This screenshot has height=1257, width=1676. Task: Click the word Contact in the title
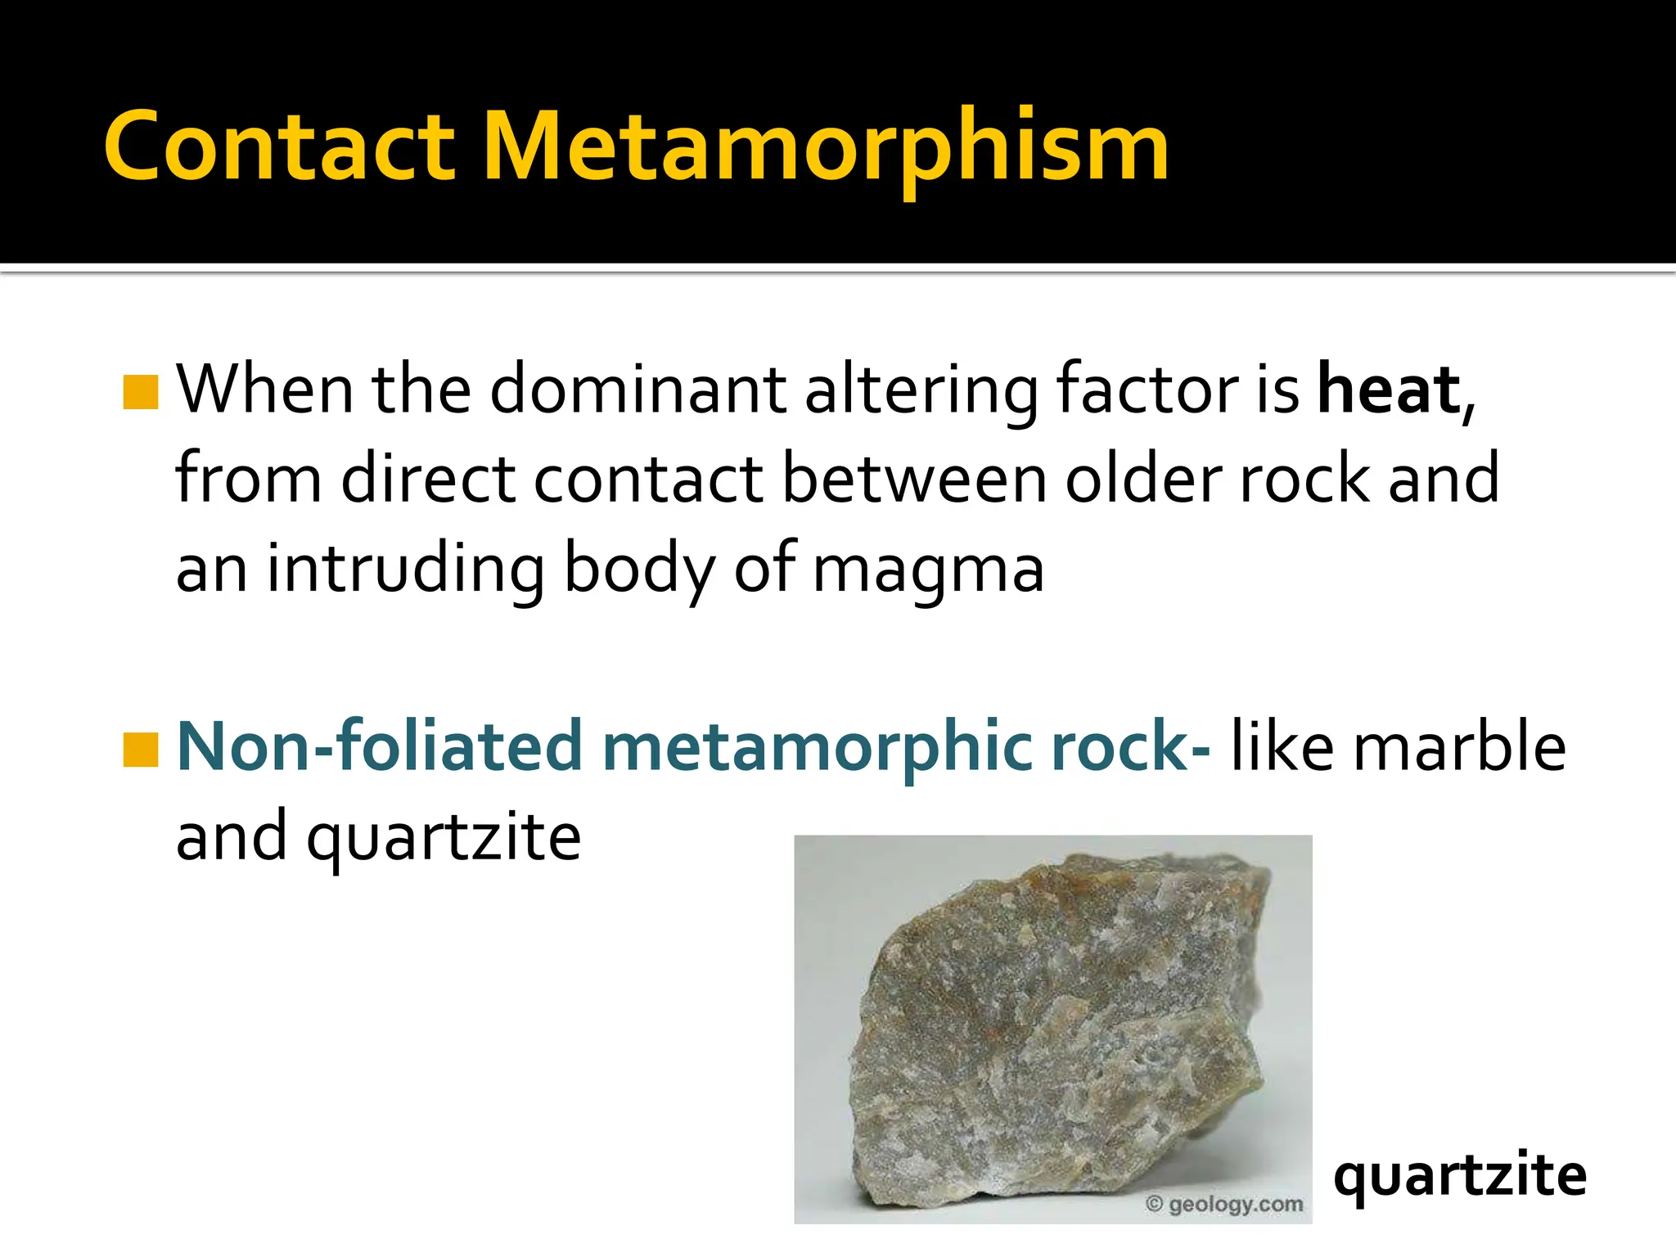pyautogui.click(x=278, y=147)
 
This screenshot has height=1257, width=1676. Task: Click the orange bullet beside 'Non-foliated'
pyautogui.click(x=140, y=750)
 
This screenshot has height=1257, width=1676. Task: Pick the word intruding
pyautogui.click(x=406, y=569)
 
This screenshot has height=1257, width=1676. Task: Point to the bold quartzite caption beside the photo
pyautogui.click(x=1460, y=1177)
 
